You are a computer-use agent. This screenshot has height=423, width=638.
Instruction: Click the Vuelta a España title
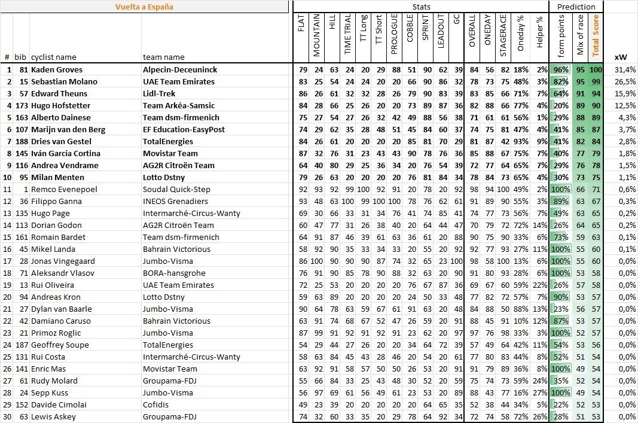144,7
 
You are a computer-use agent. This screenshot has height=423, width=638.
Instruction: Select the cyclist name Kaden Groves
57,70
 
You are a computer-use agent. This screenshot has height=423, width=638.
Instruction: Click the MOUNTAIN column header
317,35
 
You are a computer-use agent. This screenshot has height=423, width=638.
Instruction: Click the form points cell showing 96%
561,70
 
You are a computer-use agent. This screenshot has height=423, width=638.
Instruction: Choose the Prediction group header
576,7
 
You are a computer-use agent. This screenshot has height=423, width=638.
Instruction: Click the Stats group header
421,7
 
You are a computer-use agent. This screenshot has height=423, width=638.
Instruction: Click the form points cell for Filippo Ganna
561,202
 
